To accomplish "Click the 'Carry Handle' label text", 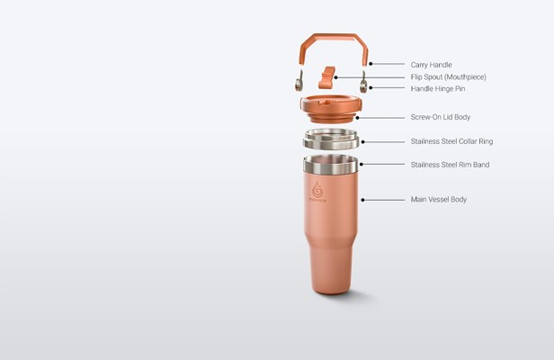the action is [x=431, y=65].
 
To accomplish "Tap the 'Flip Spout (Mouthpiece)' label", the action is [x=449, y=76].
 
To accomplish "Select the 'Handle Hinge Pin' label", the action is [x=438, y=89].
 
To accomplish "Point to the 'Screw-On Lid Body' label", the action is [x=441, y=117].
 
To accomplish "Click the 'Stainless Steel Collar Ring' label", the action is [x=451, y=141].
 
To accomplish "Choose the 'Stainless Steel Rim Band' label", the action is [x=450, y=165].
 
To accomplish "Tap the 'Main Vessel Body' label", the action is [x=439, y=200].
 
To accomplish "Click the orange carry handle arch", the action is [x=334, y=37].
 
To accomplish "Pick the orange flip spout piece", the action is [x=326, y=77].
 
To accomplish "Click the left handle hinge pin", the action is [x=299, y=81].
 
